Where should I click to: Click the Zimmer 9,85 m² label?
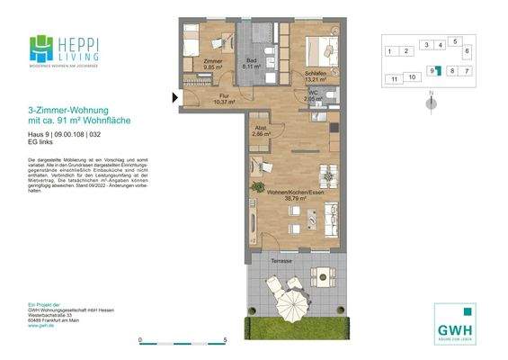pyautogui.click(x=212, y=64)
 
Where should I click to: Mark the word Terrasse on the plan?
pyautogui.click(x=282, y=259)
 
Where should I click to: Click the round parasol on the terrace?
pyautogui.click(x=290, y=296)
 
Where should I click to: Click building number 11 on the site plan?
pyautogui.click(x=394, y=79)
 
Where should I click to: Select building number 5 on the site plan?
pyautogui.click(x=455, y=41)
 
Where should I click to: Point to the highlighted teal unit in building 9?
pyautogui.click(x=438, y=71)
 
